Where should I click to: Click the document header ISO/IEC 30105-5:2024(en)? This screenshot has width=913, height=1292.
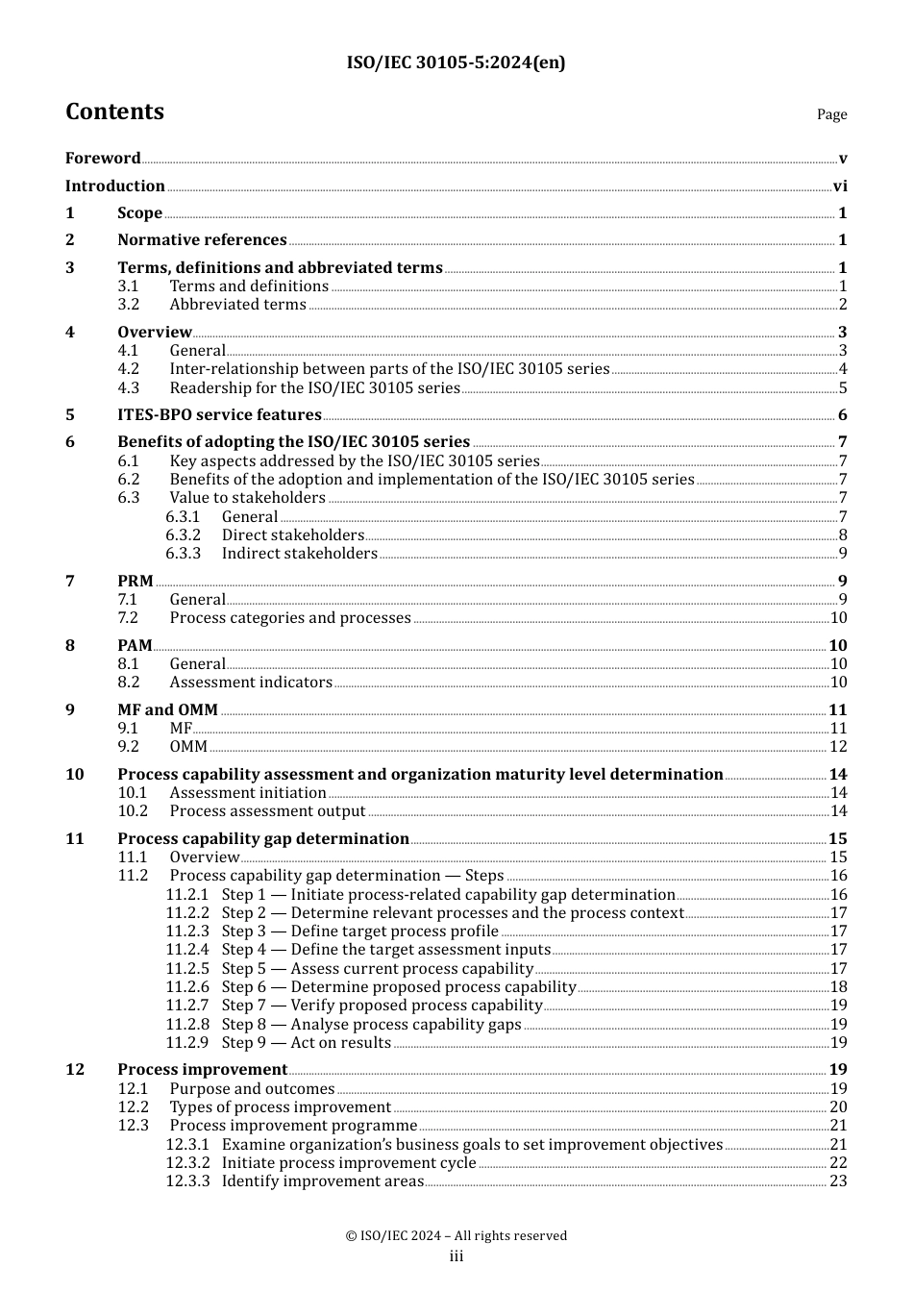tap(456, 62)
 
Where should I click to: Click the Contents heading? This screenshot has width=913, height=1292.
tap(114, 112)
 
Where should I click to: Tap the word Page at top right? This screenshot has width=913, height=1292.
tap(831, 114)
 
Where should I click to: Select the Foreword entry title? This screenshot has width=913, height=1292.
tap(103, 159)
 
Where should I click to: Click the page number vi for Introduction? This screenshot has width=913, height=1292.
tap(840, 186)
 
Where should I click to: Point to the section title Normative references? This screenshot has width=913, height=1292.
tap(202, 240)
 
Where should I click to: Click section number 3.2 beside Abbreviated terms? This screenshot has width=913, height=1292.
tap(129, 305)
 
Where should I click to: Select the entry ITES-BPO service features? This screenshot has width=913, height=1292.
tap(219, 415)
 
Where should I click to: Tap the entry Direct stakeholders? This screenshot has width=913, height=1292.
tap(293, 535)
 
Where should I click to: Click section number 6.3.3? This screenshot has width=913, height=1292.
tap(183, 554)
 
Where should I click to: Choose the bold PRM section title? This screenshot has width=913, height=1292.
tap(136, 582)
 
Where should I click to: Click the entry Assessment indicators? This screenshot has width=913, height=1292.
tap(251, 683)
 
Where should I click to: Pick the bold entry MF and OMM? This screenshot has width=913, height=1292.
tap(167, 710)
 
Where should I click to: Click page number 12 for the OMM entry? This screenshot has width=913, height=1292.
tap(838, 747)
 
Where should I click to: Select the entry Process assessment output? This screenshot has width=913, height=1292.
tap(267, 811)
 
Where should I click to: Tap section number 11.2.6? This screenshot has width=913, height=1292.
tap(186, 987)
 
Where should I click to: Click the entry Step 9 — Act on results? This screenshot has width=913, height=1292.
tap(307, 1043)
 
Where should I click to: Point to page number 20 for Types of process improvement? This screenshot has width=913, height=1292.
tap(838, 1107)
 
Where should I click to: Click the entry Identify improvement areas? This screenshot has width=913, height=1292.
tap(323, 1181)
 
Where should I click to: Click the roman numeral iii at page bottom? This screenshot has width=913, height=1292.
tap(456, 1256)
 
